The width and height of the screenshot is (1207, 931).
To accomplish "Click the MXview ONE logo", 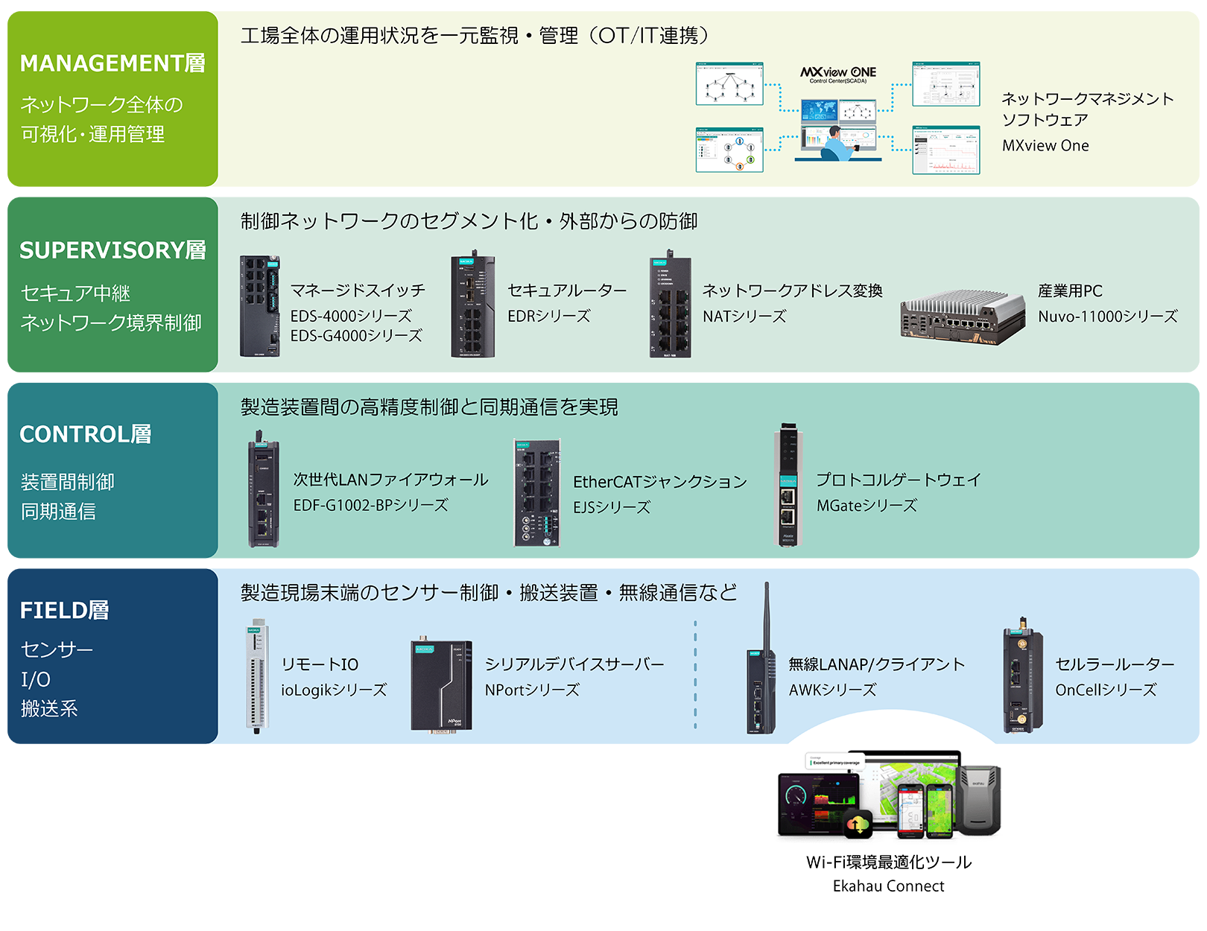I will point(838,73).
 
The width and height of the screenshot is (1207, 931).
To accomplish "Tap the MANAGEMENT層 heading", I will point(113,64).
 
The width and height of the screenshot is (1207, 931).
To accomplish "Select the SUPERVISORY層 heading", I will point(113,251).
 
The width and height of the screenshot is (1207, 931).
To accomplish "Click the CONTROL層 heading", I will point(86,434).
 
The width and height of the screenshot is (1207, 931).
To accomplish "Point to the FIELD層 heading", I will point(65,611).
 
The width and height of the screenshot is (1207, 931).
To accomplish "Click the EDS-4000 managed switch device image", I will point(259,306).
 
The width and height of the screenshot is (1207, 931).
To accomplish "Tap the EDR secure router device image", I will point(472,306).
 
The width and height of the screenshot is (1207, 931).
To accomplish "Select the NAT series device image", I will point(670,305).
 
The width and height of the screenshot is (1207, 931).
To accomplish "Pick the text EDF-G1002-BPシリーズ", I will point(370,506).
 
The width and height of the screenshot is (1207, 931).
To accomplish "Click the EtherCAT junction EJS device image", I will point(536,492).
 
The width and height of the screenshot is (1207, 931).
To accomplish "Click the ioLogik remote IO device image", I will point(256,676).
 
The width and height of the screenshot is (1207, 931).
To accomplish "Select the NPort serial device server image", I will point(441,686).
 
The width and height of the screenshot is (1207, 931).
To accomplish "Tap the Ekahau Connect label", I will point(888,886).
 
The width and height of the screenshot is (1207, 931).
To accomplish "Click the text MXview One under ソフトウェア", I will point(1045,146).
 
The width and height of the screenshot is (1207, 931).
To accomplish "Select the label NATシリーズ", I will point(744,317).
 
